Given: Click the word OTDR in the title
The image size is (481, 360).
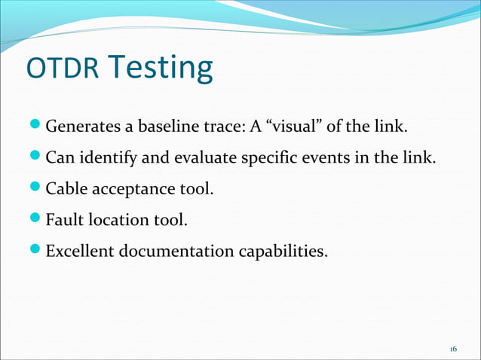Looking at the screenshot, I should pos(62,69).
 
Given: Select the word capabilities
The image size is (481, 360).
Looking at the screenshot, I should pos(282,251).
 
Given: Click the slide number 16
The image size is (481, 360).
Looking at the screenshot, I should pos(453,349).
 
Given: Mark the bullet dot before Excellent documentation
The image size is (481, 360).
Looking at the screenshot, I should pos(38,251).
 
